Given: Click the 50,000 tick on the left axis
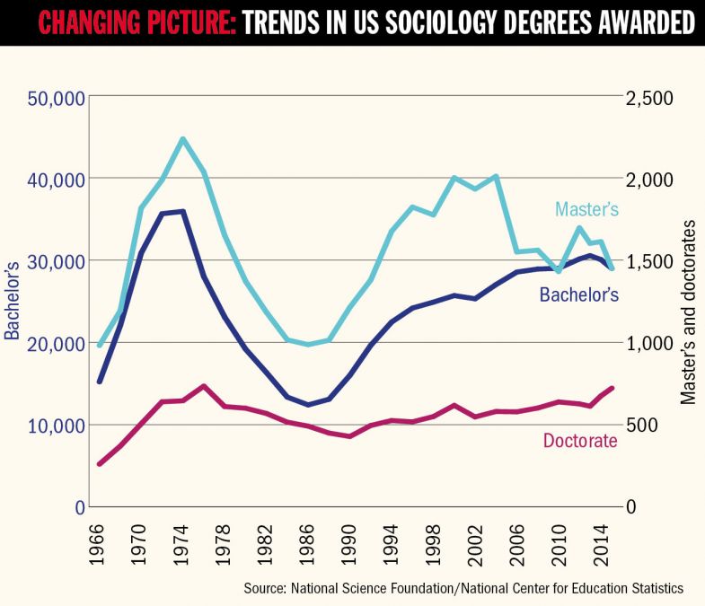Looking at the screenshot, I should coord(45,97).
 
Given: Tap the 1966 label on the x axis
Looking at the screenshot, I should coord(100,550).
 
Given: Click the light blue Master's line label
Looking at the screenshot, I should coord(586,209).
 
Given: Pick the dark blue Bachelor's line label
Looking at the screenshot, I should coord(578,294).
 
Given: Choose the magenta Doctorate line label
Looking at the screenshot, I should coord(579,441).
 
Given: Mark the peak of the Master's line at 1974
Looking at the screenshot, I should coord(182,139).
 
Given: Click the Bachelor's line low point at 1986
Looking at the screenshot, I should coord(307,405).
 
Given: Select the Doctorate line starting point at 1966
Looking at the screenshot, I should coord(100,464).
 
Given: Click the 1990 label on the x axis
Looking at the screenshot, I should coord(348,550).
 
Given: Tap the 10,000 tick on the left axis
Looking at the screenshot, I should coord(45,425).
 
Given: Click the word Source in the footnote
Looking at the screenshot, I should coord(264,588).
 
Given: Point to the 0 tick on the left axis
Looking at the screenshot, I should coord(78,506).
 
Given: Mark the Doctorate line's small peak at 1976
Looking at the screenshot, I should coord(204,386).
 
